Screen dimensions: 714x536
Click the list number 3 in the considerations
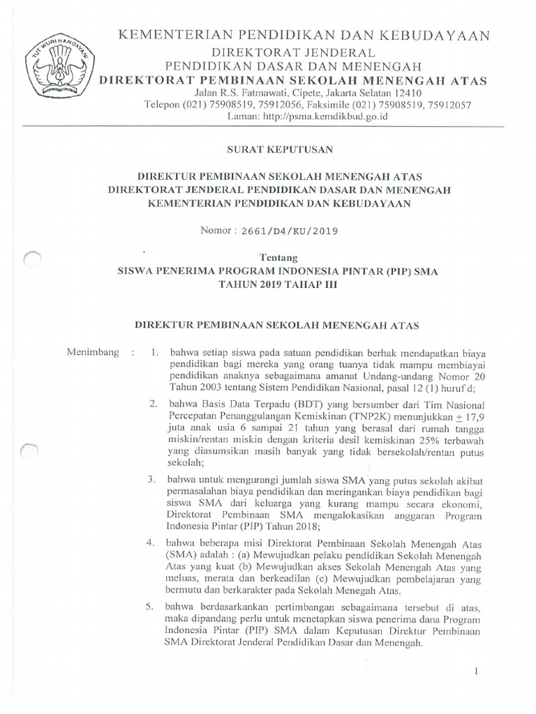click(x=151, y=480)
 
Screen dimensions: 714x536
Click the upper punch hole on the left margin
click(x=33, y=261)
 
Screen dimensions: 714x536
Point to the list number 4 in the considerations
click(x=151, y=542)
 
